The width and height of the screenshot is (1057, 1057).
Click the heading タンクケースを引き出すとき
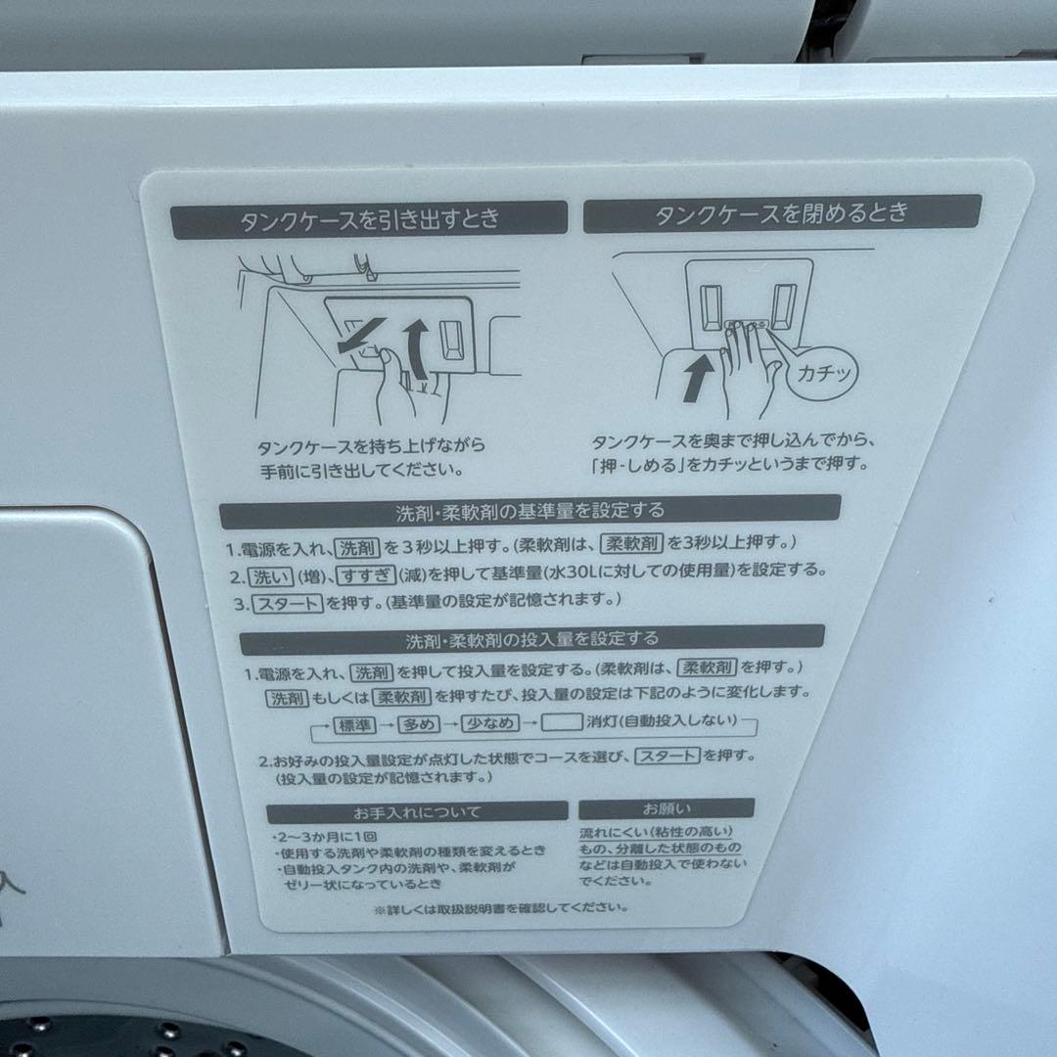point(369,219)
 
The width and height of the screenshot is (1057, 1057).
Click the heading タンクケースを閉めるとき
point(782,213)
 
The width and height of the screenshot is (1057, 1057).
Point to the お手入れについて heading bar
point(417,811)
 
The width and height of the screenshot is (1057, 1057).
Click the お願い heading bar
point(666,808)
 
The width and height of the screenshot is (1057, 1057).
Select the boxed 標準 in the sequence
point(357,725)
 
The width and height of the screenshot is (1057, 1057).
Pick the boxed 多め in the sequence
point(422,725)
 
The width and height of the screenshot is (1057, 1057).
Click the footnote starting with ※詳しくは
point(500,907)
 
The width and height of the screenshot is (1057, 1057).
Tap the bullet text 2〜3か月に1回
point(316,838)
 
